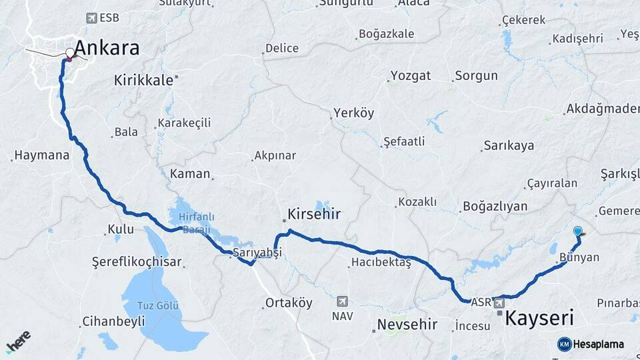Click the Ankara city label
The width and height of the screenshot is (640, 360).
pos(107,48)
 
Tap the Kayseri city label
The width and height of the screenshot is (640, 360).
pos(539,317)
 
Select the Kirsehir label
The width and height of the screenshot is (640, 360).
pos(314,214)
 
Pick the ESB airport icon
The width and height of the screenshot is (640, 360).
pos(91,18)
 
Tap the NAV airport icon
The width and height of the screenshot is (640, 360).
pos(343,301)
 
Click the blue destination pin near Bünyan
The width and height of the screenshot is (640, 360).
pos(577,232)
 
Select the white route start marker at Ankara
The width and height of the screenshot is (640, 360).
pos(70,52)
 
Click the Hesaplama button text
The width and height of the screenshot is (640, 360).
pos(599,344)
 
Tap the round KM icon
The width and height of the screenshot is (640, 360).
pos(565,344)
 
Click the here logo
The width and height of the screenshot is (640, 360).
pos(19,341)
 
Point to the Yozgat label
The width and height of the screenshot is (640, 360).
pos(411,75)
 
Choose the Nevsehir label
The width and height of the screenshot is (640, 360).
pos(407,325)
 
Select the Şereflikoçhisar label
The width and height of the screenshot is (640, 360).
pos(137,262)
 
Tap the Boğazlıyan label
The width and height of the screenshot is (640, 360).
pos(495,206)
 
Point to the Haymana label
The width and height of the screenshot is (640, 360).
pos(41,155)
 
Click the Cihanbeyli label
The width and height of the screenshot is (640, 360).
pos(113,322)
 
